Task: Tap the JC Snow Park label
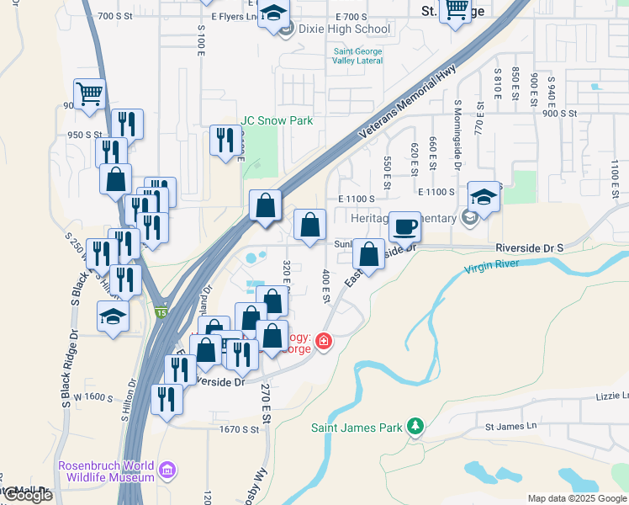277,121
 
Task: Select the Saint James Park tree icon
415,428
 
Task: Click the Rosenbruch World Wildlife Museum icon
167,469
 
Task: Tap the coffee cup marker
404,226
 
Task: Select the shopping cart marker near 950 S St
89,93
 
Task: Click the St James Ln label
510,426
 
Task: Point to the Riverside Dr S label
528,248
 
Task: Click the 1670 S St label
239,429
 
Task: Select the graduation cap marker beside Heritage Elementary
484,197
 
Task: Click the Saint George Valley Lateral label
357,56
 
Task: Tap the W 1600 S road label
93,396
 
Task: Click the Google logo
28,495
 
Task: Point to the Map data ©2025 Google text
575,498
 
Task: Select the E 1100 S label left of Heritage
357,199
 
